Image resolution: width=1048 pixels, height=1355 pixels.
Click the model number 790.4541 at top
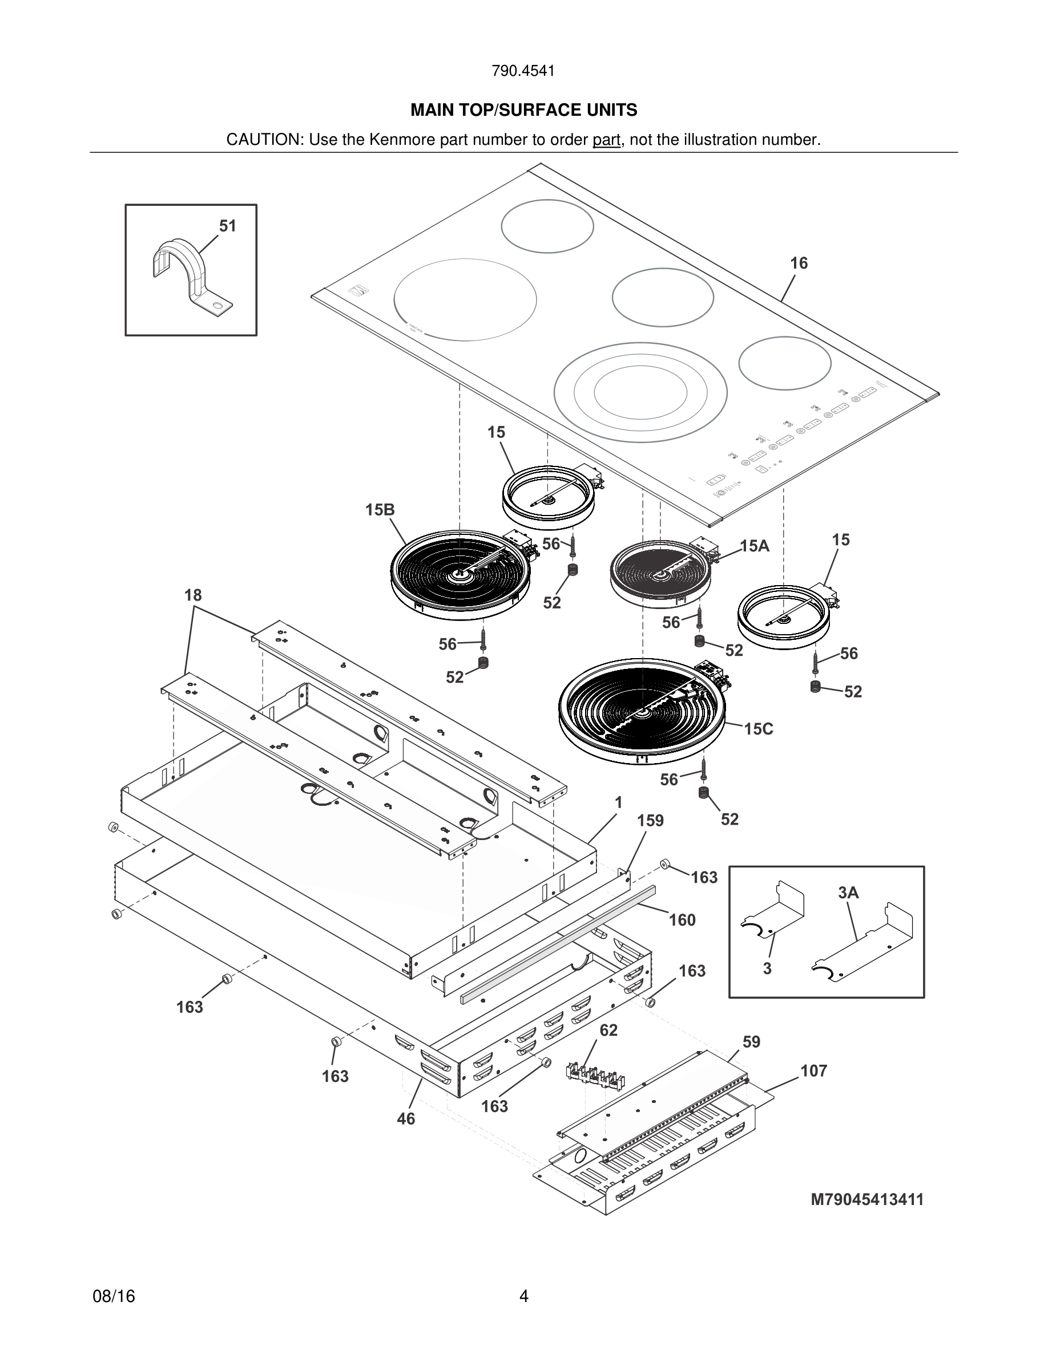point(523,71)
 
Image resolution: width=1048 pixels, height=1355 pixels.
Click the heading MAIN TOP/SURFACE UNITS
point(523,111)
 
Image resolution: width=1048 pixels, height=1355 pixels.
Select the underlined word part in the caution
point(606,140)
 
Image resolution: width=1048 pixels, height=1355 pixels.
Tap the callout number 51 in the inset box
point(228,226)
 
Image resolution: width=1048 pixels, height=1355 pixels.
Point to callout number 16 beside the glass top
point(799,263)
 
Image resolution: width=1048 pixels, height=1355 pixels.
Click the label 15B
point(380,510)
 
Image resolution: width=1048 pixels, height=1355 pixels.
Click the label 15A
point(755,546)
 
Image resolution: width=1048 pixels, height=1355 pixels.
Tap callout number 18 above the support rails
point(193,595)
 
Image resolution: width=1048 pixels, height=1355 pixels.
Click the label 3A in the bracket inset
point(848,893)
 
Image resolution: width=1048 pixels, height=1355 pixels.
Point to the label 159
point(650,821)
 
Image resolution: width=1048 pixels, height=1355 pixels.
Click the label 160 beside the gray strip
point(682,920)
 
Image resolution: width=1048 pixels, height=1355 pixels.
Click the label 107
point(813,1071)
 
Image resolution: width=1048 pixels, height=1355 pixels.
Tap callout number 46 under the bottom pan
point(405,1119)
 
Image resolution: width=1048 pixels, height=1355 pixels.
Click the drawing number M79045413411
point(866,1200)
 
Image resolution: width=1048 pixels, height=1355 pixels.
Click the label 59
point(751,1042)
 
